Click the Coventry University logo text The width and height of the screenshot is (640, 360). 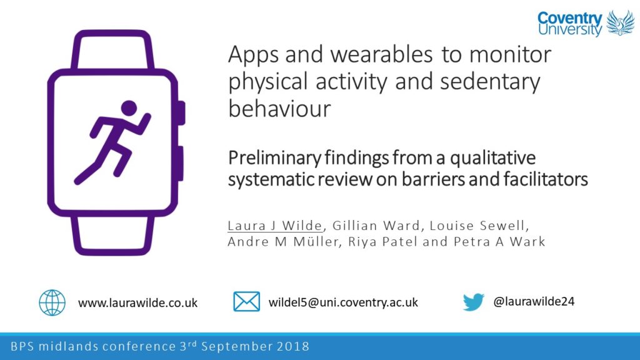[569, 24]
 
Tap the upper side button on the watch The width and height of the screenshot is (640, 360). [180, 112]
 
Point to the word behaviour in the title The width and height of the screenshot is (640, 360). [279, 109]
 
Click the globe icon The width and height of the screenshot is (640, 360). [52, 302]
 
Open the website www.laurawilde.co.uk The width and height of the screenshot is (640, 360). [137, 302]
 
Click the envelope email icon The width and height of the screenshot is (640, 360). [246, 301]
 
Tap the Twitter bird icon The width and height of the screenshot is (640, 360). [474, 302]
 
